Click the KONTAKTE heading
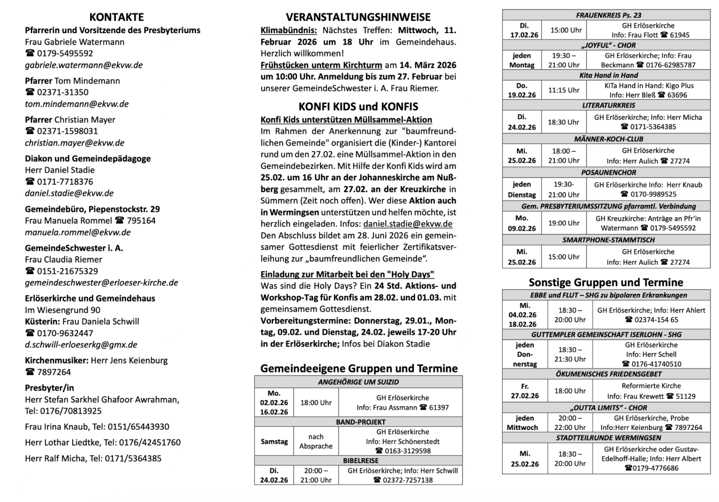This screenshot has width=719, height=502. [x=116, y=17]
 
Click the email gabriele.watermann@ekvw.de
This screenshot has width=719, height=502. [x=84, y=65]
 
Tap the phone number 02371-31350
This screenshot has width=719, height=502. [x=62, y=92]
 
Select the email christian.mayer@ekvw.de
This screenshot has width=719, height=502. [x=75, y=142]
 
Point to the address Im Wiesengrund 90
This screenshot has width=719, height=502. [x=63, y=310]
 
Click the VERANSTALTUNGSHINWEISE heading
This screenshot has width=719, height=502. [x=358, y=17]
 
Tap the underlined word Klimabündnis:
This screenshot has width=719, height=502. [x=288, y=30]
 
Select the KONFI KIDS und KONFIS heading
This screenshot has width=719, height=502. [x=358, y=107]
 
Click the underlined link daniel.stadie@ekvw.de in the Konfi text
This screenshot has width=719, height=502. [x=407, y=224]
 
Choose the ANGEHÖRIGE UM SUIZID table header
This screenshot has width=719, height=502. [x=358, y=382]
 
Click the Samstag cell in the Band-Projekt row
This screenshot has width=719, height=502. [x=274, y=442]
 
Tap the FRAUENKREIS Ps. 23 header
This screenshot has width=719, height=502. [x=608, y=15]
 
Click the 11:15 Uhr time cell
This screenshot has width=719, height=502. [x=564, y=90]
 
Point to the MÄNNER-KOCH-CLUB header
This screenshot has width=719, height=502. [x=608, y=139]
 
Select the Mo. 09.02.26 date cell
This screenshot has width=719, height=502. [x=522, y=223]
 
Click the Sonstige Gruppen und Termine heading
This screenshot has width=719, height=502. [x=606, y=282]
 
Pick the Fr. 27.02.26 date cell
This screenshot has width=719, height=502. [x=525, y=391]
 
